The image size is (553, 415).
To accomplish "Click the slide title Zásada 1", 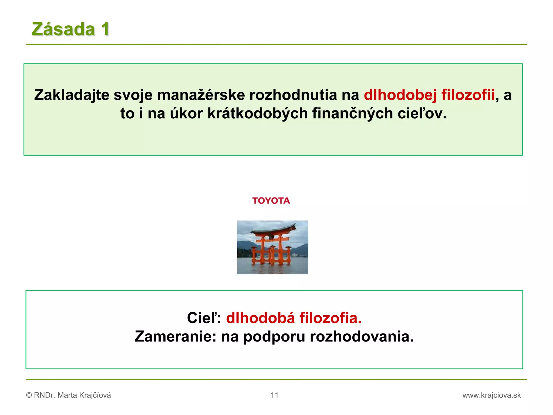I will point(70,29).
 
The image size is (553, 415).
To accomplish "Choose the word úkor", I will point(186,113).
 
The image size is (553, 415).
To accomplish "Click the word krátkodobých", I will point(258,113).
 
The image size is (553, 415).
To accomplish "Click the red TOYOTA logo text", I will point(271,201).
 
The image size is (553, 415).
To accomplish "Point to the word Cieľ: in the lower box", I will point(204,318).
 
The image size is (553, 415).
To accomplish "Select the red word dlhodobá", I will point(260,318).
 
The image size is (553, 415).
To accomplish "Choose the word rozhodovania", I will point(362,337).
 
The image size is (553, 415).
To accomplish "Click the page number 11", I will point(274,395).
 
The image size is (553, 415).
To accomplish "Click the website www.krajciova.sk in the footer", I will point(491,395).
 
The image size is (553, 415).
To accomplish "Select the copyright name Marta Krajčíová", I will point(84,395).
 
